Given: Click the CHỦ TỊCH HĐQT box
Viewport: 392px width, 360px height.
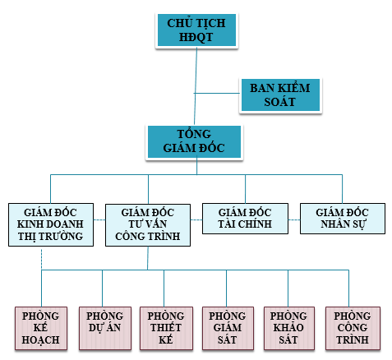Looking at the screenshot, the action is point(196,30).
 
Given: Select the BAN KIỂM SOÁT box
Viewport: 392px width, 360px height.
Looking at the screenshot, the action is point(280,95).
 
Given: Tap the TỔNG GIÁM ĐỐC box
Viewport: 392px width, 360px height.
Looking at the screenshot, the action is point(194,141).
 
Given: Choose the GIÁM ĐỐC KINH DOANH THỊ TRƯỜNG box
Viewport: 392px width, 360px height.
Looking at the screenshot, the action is point(51,224).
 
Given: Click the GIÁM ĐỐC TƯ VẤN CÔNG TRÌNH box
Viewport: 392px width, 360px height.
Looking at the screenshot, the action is point(148,225).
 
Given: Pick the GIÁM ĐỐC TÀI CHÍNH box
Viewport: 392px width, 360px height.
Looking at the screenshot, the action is point(245,219).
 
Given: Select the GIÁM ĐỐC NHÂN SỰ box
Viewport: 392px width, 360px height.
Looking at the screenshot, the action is point(343,219).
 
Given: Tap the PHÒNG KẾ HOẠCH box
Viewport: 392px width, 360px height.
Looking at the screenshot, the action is point(41,328).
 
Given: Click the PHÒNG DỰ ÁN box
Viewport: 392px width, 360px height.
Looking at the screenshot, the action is point(105,328).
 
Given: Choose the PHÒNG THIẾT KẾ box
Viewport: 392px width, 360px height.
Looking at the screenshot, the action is point(166,328).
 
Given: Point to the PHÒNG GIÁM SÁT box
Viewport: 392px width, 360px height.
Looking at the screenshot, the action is point(228,328).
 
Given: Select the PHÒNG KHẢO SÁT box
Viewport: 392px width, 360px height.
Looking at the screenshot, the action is point(289,328).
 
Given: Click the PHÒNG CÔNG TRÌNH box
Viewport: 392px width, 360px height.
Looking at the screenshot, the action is point(353,328).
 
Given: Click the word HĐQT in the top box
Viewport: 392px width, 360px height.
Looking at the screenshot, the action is point(196,37).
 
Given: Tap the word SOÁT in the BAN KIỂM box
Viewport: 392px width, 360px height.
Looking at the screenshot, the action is point(279,102).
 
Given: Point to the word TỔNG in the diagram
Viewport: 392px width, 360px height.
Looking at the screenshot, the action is point(194,134).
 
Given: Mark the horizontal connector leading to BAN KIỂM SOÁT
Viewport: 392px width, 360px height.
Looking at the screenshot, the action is point(217,94).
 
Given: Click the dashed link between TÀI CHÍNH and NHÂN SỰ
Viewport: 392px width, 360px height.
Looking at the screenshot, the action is point(294,219).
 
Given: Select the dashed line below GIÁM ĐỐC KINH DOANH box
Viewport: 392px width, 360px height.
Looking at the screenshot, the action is point(42,260).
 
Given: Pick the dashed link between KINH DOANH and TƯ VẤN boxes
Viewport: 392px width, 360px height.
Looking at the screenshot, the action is point(99,219).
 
